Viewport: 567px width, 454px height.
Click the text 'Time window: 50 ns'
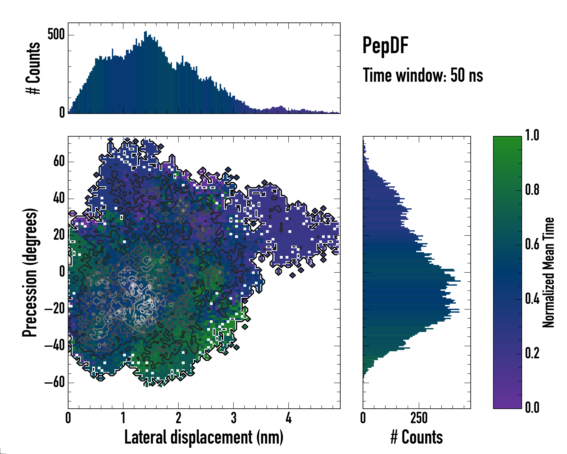423,75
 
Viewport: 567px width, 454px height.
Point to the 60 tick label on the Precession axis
59,161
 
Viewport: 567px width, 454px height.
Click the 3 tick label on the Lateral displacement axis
234,418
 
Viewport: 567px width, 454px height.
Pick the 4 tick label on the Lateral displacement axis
288,418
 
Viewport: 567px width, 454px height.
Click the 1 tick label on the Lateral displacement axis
123,418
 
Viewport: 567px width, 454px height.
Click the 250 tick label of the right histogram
419,418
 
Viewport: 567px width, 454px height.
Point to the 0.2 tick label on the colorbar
532,353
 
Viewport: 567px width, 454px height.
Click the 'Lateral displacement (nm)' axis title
204,437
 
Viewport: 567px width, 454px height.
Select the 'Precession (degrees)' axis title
30,272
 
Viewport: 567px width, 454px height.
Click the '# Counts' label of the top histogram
33,68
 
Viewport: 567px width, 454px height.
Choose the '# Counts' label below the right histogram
417,437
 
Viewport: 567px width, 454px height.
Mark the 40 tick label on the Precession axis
59,198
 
